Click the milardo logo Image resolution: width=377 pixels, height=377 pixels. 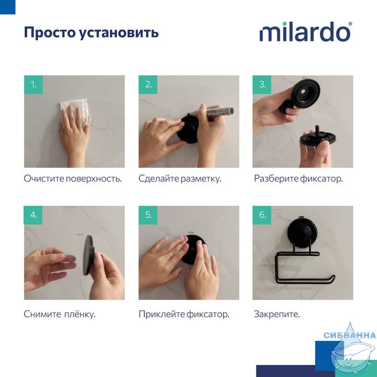click(305, 32)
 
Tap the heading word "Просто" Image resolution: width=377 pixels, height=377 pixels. click(50, 33)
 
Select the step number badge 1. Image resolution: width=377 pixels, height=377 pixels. click(33, 85)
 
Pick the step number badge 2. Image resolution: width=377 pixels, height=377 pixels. click(148, 85)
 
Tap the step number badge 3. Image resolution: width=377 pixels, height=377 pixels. click(262, 85)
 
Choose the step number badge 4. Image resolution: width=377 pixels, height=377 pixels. click(33, 215)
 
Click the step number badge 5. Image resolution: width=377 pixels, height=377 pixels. click(148, 215)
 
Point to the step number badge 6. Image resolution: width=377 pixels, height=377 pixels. click(262, 215)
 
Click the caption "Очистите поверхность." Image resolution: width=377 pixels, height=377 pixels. click(73, 179)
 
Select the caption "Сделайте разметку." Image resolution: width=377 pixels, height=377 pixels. click(180, 179)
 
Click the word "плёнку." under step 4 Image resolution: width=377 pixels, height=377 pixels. click(80, 314)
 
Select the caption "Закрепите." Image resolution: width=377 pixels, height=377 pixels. click(277, 314)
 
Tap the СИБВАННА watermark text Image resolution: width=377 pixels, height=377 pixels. click(350, 335)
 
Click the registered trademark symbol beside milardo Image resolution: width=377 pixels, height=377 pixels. click(350, 24)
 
